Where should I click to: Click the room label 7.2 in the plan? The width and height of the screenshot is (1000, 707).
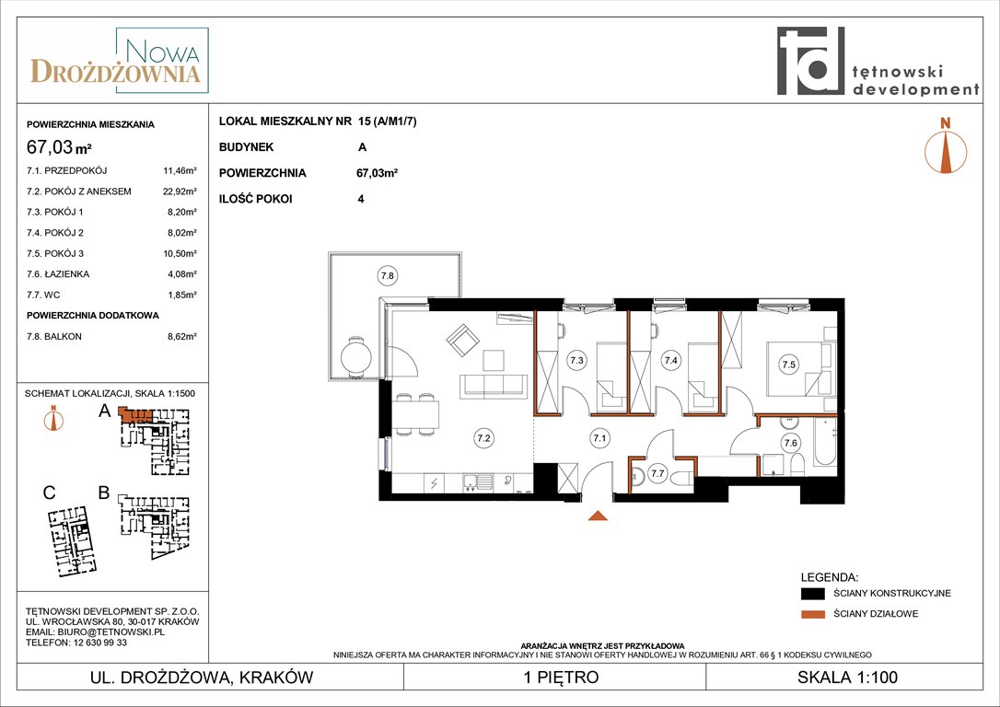click(483, 438)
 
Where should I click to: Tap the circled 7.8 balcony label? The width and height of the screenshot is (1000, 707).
click(387, 276)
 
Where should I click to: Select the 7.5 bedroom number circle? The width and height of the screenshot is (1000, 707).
click(789, 365)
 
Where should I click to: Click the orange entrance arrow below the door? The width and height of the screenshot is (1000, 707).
click(597, 516)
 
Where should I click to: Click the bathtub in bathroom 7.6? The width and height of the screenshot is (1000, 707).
click(825, 442)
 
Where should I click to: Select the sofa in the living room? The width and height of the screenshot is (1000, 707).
click(494, 387)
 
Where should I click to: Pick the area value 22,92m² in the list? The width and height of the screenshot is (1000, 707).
click(180, 191)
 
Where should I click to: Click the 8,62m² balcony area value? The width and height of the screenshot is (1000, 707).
click(182, 337)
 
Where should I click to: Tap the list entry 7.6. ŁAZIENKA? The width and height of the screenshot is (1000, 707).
click(58, 274)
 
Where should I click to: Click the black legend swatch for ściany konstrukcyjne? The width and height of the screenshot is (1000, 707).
click(812, 594)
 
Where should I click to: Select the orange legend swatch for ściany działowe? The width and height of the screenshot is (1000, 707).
click(812, 614)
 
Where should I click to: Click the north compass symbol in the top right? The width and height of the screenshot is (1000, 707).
click(946, 146)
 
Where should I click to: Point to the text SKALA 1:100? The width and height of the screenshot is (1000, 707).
click(847, 677)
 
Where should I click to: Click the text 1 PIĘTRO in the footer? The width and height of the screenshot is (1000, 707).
click(561, 677)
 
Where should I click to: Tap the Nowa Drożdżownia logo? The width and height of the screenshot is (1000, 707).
click(120, 61)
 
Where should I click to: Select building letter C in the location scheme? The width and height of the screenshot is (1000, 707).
click(49, 493)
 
